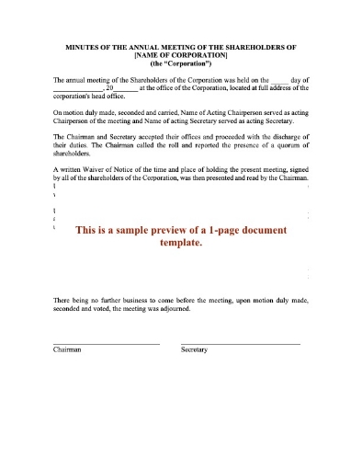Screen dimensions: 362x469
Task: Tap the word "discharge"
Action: pos(271,136)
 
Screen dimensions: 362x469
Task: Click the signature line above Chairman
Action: pos(107,343)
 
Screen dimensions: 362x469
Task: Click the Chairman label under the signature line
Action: pos(68,350)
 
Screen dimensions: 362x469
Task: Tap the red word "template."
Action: pos(180,245)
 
